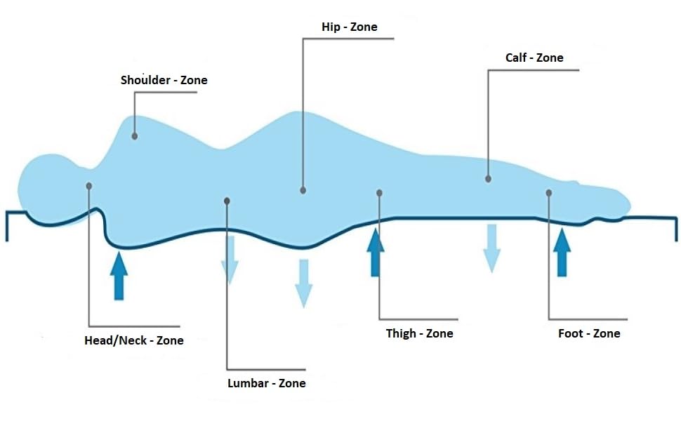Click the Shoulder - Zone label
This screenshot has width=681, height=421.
click(x=164, y=80)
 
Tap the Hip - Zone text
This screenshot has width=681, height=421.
click(x=348, y=27)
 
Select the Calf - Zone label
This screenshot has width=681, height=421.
click(x=534, y=58)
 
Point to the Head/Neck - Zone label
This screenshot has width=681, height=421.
click(x=133, y=340)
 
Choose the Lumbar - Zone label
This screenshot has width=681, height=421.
click(x=267, y=383)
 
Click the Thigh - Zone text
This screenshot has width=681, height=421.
click(x=419, y=333)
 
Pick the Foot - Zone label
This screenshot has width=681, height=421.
click(x=589, y=333)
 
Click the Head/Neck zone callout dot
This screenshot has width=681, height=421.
click(x=89, y=185)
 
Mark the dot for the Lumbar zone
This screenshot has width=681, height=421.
click(x=227, y=201)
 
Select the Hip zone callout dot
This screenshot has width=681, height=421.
click(x=303, y=189)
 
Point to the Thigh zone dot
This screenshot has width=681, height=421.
click(x=379, y=192)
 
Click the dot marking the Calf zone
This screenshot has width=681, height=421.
click(x=488, y=179)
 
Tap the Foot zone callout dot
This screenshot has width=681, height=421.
click(x=548, y=192)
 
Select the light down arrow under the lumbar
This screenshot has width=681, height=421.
click(x=229, y=260)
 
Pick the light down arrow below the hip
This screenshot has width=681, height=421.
click(x=303, y=283)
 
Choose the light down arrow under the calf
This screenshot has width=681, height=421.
click(x=491, y=248)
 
